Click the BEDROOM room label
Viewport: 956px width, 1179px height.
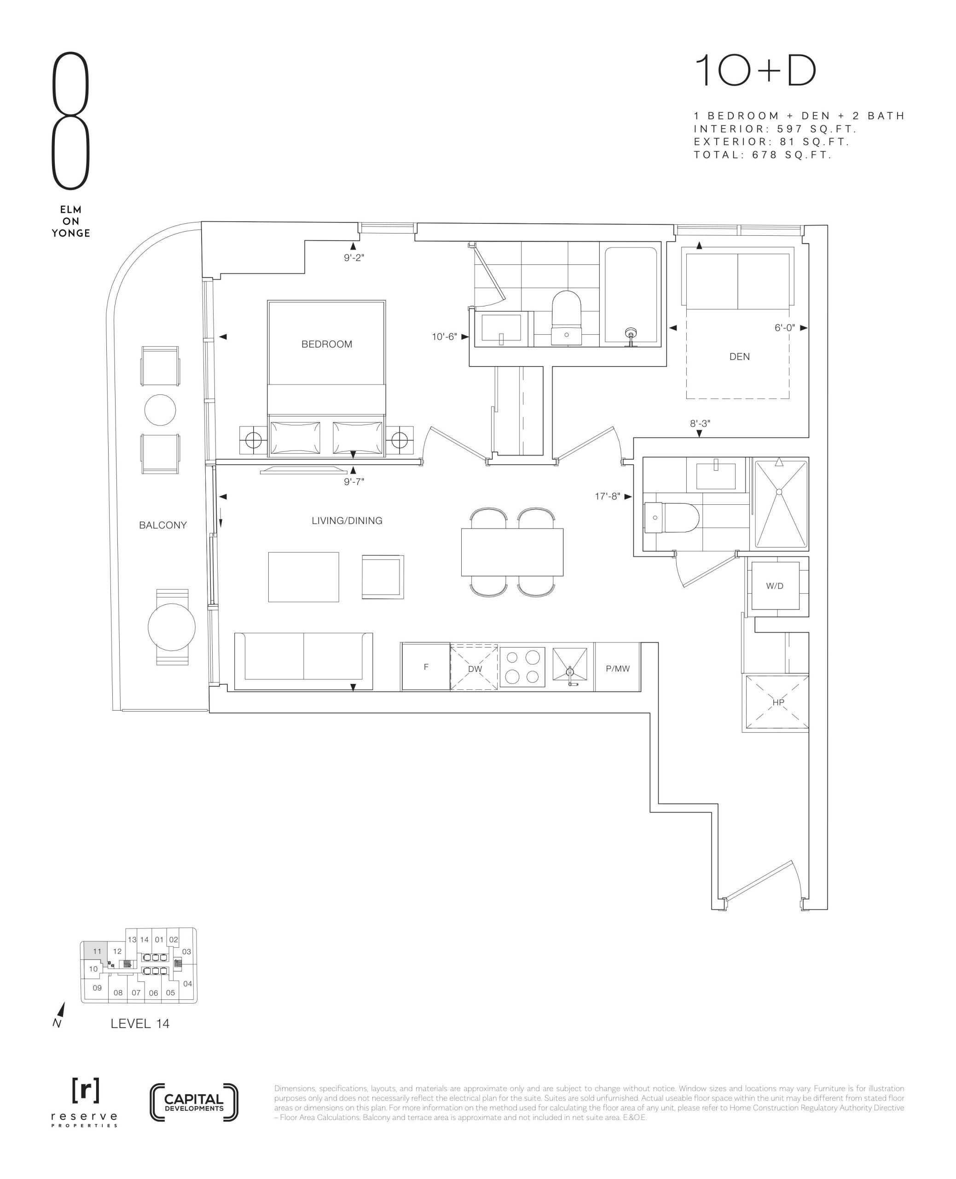[x=326, y=344]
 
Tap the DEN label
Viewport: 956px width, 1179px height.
[x=739, y=356]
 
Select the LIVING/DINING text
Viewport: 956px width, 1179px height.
[x=347, y=520]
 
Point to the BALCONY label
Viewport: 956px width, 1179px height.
[x=162, y=525]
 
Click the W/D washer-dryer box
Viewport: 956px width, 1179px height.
[x=775, y=586]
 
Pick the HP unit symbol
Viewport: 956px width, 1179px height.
[x=777, y=702]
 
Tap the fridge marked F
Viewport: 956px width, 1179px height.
[x=426, y=666]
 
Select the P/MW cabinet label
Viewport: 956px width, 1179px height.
[x=617, y=668]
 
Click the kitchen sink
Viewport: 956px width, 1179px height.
[x=570, y=666]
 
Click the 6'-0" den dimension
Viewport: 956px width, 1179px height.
[x=785, y=328]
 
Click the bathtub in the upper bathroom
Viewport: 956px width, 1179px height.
[x=631, y=295]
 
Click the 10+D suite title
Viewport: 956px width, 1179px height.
[x=755, y=70]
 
